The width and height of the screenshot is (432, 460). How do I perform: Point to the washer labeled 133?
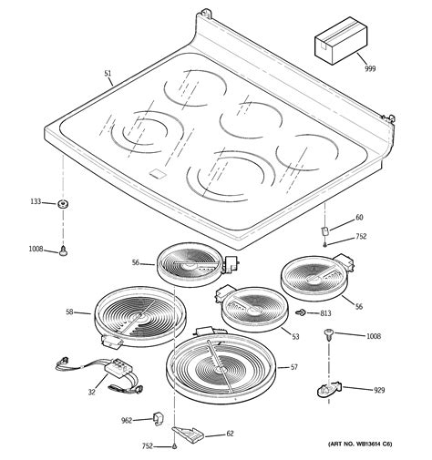(64, 203)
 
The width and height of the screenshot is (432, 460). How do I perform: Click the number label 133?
(36, 202)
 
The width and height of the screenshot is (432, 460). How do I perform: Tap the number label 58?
(70, 312)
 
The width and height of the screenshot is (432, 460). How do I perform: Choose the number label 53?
(294, 336)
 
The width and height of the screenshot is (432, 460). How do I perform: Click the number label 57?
(293, 367)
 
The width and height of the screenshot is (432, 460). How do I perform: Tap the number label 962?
(127, 420)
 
